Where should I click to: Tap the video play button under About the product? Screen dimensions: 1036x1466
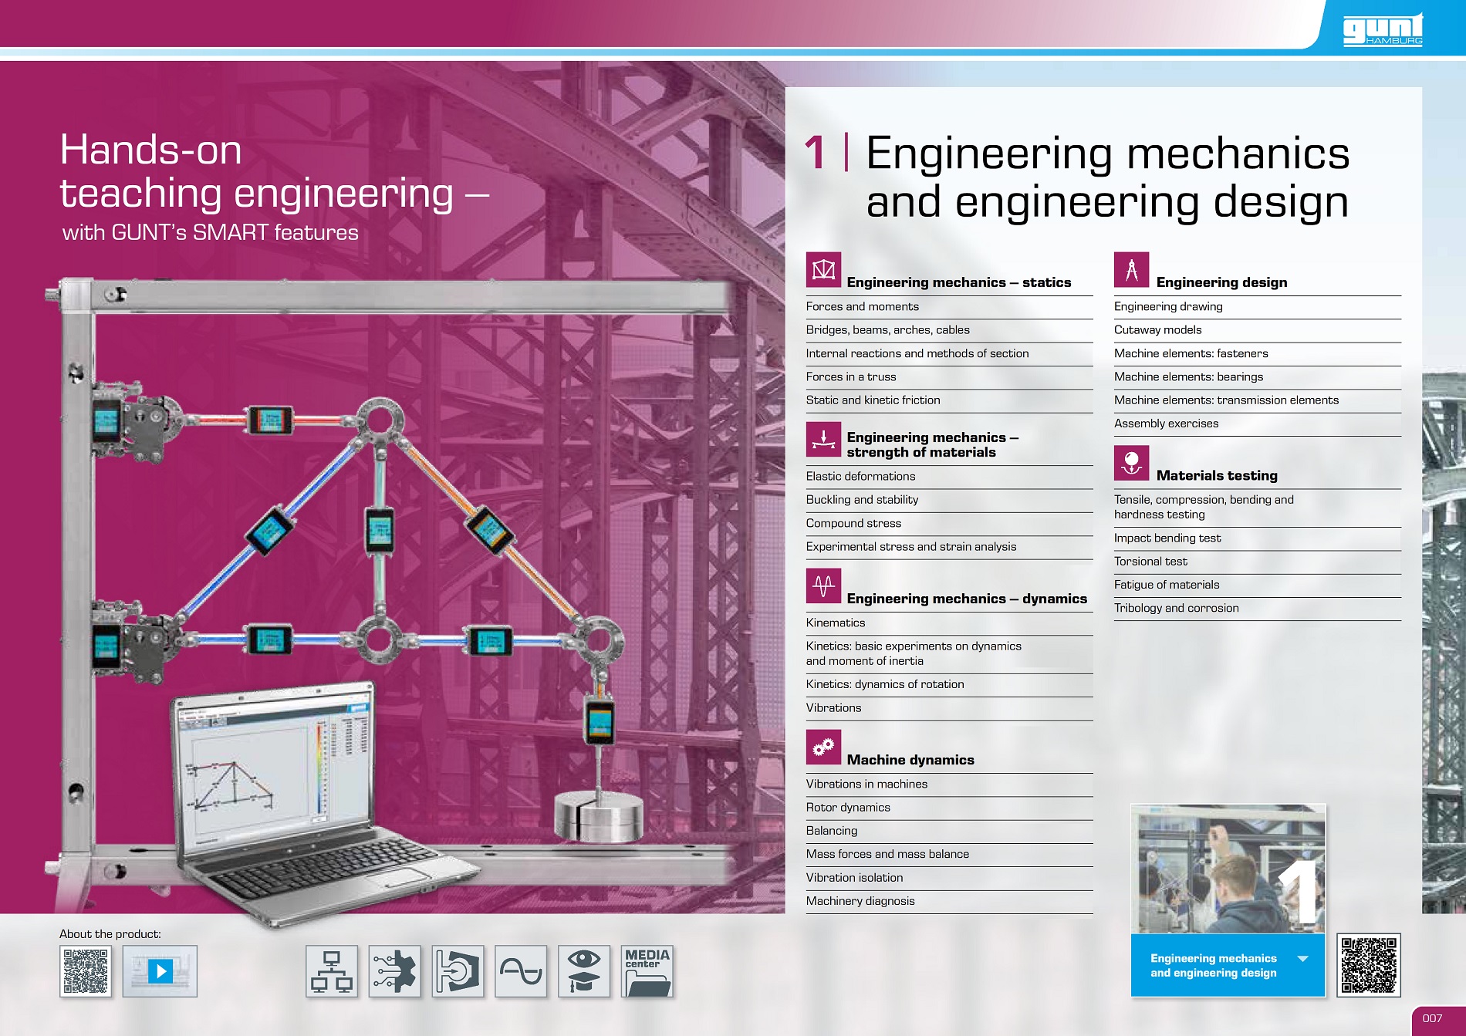[160, 971]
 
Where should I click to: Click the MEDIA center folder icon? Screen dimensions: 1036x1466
[647, 971]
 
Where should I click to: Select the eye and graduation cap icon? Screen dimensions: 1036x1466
[584, 971]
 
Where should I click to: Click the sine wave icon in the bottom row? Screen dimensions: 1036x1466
[521, 971]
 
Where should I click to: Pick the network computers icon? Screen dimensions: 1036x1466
[332, 971]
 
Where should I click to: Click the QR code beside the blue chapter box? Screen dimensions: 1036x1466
[1369, 965]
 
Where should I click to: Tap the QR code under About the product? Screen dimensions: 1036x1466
[86, 971]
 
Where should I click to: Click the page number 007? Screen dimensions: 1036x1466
[1432, 1018]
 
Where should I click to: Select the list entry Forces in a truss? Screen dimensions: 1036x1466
[851, 377]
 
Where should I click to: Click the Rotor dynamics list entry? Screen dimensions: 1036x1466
[848, 808]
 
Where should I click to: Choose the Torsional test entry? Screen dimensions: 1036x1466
[1150, 562]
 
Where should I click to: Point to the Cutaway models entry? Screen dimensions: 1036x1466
[1157, 330]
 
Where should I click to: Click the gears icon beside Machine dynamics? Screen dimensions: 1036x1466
[823, 747]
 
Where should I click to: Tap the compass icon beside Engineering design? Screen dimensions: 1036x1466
[1131, 270]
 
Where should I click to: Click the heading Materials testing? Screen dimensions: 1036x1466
[1217, 476]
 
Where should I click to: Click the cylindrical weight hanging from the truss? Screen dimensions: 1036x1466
[598, 816]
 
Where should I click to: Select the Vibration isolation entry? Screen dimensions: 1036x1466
[854, 878]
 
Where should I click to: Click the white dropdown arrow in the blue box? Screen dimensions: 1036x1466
[1303, 959]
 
